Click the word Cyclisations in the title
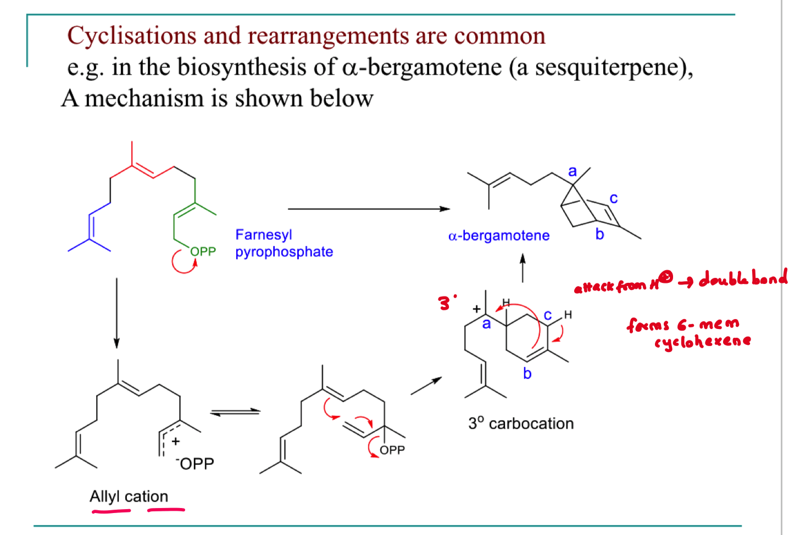(131, 36)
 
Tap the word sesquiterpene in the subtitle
(608, 67)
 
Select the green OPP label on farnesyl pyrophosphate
(203, 252)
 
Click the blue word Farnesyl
(264, 235)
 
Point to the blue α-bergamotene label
(499, 236)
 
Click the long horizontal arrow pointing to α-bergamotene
(369, 209)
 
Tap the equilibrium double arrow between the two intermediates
(235, 412)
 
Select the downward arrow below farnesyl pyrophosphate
(116, 313)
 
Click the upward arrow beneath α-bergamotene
(523, 268)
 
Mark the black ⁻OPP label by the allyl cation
(195, 464)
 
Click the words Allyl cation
(129, 497)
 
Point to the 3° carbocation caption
(521, 423)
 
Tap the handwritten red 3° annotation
(447, 302)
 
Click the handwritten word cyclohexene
(702, 342)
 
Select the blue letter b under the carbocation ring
(527, 374)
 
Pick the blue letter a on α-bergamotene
(573, 171)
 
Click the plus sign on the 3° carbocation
(476, 309)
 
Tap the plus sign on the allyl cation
(175, 441)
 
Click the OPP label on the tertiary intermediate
(392, 450)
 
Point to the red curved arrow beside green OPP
(184, 261)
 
